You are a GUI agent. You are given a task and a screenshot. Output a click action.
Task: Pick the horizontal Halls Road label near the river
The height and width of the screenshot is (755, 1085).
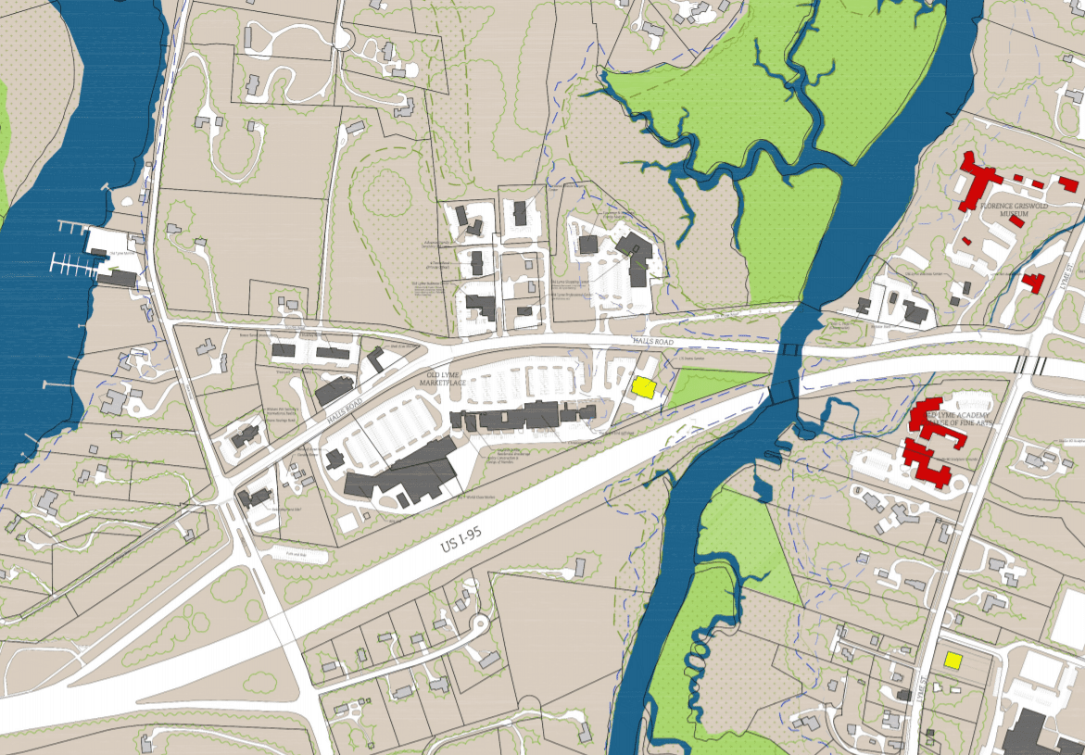coord(651,342)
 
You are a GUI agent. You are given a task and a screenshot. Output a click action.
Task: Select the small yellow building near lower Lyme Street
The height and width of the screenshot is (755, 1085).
coord(952,661)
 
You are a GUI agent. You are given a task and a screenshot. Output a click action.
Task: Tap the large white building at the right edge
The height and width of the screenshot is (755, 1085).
coord(1069,619)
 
